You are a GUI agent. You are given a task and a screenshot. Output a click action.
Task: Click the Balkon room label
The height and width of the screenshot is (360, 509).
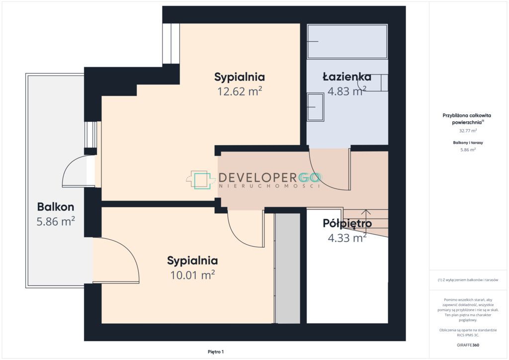[56, 207]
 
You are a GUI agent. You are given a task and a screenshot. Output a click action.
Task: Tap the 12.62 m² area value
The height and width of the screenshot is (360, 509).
[240, 91]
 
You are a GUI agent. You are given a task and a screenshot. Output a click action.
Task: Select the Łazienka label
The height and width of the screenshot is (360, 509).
[347, 77]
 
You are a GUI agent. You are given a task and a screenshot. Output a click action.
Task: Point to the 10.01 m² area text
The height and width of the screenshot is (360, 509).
[192, 275]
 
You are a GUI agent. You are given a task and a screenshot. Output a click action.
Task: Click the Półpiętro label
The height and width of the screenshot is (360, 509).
[347, 224]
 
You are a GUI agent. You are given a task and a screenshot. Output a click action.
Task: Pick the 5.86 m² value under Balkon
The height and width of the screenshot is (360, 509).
[56, 221]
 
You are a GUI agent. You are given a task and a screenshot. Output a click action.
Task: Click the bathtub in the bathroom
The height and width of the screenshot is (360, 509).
[347, 41]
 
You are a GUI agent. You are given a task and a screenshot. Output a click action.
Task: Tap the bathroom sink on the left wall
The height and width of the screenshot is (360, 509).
[315, 107]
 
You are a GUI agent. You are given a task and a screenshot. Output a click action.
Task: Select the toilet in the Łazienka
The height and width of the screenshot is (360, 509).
[373, 83]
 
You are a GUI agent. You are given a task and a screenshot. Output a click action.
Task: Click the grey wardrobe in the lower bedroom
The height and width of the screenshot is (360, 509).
[287, 268]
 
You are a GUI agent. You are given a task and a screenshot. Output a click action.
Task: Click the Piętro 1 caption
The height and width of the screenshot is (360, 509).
[216, 352]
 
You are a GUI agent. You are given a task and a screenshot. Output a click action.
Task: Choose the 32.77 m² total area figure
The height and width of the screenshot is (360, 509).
[468, 131]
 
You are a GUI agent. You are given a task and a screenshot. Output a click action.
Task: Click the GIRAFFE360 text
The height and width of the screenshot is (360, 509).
[467, 345]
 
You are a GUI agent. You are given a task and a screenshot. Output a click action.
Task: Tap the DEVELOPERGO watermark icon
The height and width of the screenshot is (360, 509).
[201, 180]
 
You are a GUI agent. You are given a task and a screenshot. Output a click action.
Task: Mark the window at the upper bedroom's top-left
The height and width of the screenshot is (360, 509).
[171, 43]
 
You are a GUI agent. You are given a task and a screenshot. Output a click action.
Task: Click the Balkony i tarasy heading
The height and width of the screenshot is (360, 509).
[468, 143]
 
